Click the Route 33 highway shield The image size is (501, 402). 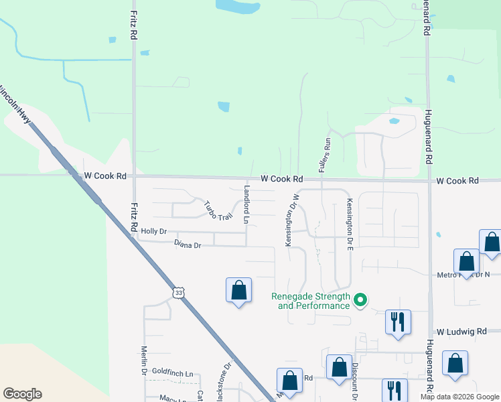(x=177, y=293)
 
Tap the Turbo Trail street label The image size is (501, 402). (x=217, y=211)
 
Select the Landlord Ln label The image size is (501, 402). (x=246, y=206)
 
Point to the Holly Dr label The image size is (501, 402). (x=153, y=232)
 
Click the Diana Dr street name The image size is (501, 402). (x=188, y=245)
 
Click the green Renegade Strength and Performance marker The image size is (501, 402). (x=360, y=299)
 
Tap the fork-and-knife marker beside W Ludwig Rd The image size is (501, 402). (x=398, y=322)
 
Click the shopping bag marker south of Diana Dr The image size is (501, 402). (x=238, y=290)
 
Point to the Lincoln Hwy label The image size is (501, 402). (x=15, y=104)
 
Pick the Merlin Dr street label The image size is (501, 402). (x=143, y=360)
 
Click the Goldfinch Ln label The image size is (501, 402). (x=172, y=373)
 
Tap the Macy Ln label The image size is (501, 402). (x=172, y=397)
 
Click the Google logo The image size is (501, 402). (x=22, y=394)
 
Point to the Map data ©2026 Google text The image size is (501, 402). (x=459, y=397)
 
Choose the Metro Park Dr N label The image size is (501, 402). (x=463, y=275)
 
